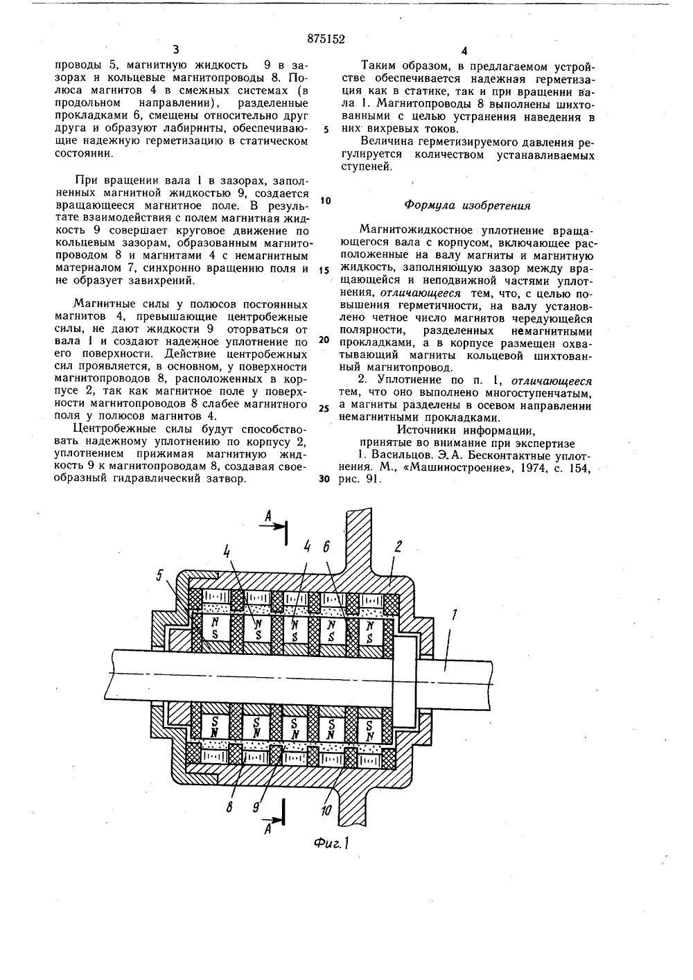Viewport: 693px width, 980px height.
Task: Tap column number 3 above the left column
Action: pos(175,49)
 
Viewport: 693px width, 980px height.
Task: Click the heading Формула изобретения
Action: pos(467,206)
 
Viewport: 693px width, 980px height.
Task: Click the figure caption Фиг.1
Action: pos(329,843)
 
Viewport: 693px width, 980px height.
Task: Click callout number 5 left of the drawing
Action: pos(160,575)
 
